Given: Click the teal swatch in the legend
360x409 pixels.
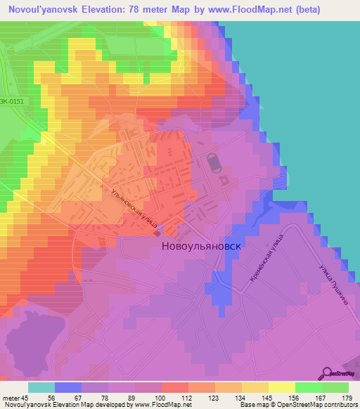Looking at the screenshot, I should (x=41, y=387).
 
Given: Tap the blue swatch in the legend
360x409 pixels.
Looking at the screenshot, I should (x=68, y=387).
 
